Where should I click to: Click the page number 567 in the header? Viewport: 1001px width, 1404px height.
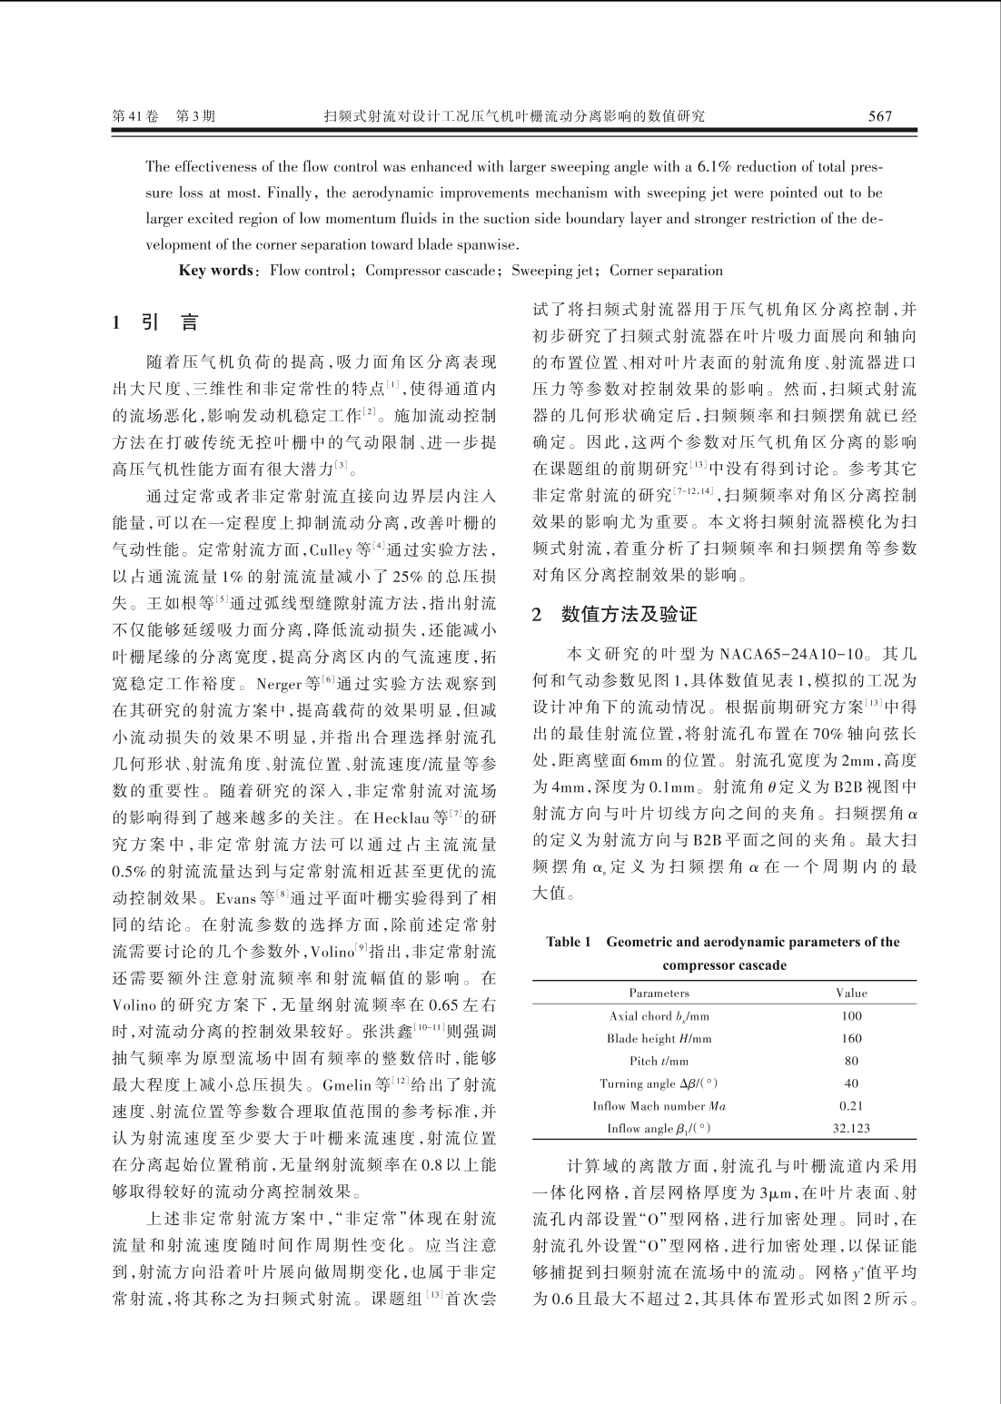(879, 116)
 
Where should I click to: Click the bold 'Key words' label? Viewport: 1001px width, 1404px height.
(214, 271)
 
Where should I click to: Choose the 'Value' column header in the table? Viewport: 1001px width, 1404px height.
(851, 993)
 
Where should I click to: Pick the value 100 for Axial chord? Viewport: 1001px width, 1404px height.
(851, 1016)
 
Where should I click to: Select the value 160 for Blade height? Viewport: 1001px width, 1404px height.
(851, 1039)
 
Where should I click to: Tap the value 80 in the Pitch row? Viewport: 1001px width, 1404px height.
(851, 1061)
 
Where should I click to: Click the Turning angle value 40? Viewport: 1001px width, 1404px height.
(851, 1083)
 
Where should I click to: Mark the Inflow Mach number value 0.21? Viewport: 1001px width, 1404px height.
(851, 1106)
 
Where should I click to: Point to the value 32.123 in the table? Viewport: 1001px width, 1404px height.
(851, 1129)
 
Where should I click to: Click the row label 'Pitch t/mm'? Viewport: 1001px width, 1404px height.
(659, 1061)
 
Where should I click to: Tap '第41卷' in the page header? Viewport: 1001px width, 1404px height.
(134, 116)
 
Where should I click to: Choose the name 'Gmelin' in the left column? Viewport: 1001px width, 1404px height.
(388, 1084)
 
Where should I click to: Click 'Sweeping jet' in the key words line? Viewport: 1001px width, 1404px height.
(551, 271)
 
